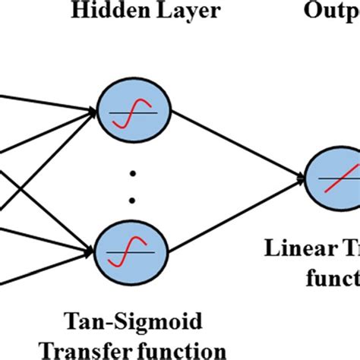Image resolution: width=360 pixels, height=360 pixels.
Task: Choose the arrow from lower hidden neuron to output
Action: pos(228,216)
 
